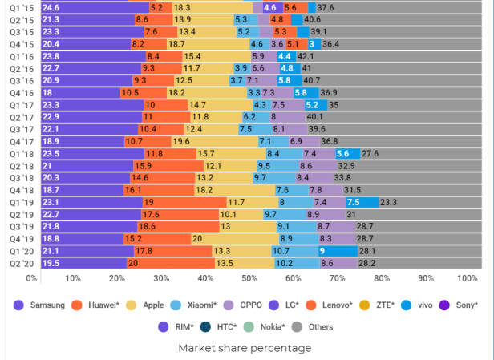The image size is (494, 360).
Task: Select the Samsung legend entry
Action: tap(40, 305)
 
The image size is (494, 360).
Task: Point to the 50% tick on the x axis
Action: tap(249, 279)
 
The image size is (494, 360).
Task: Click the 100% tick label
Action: tap(467, 279)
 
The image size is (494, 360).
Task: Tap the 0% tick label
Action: tap(32, 279)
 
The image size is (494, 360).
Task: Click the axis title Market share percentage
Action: tap(245, 348)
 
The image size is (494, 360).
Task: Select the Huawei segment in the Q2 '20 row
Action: tap(171, 263)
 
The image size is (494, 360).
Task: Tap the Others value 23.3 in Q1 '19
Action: tap(388, 203)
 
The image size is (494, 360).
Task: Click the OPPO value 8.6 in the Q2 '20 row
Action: tap(327, 263)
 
